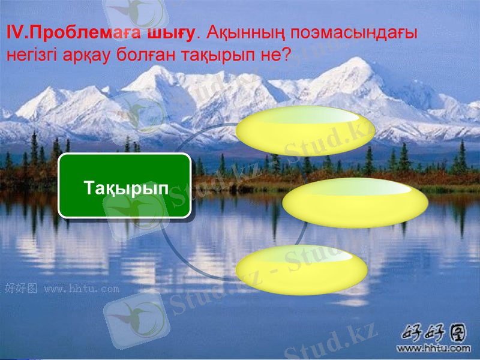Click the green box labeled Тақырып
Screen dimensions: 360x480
point(124,185)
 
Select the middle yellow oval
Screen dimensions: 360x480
point(355,203)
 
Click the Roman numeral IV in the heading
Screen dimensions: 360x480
point(13,33)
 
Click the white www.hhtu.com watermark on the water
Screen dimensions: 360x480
point(82,289)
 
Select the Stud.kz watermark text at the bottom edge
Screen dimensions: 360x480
point(331,342)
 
